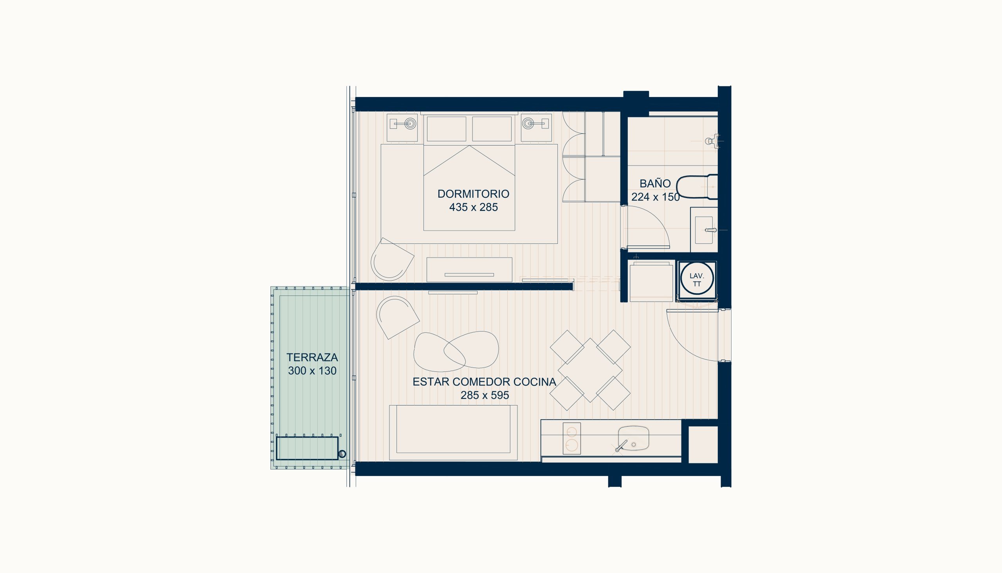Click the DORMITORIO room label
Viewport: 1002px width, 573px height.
[474, 194]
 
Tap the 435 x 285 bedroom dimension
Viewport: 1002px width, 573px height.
[474, 207]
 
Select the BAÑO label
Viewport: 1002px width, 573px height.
[655, 184]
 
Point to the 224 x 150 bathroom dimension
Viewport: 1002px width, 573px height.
[656, 197]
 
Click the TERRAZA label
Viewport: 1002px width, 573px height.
[312, 357]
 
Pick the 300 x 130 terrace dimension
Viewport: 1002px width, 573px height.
[312, 371]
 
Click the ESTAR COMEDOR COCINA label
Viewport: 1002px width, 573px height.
[485, 382]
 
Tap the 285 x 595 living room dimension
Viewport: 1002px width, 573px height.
[485, 395]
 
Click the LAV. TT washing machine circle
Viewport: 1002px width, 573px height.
[697, 279]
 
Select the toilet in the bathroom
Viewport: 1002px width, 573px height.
[697, 187]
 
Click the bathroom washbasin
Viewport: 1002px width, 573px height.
[705, 230]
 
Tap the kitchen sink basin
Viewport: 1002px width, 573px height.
[633, 438]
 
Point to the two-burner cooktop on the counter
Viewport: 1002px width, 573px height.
[572, 438]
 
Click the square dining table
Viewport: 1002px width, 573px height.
[590, 370]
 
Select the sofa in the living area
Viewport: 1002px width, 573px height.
[453, 432]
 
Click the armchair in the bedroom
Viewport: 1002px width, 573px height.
[392, 259]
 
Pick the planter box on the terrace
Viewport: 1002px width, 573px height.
[307, 448]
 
